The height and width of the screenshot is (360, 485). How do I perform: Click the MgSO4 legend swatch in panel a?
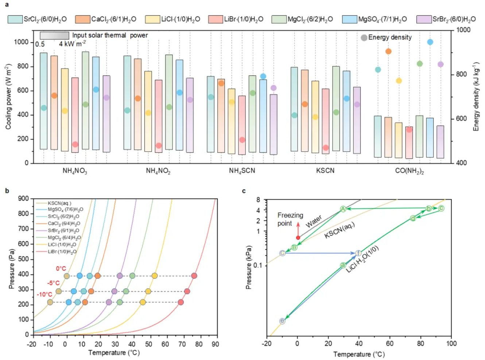pyautogui.click(x=349, y=19)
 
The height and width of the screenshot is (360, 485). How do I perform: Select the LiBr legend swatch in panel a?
pyautogui.click(x=216, y=19)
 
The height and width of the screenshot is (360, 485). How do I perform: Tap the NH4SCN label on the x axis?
pyautogui.click(x=242, y=171)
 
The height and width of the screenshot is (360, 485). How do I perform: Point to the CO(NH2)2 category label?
pyautogui.click(x=409, y=171)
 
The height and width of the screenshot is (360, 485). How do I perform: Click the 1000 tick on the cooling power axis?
pyautogui.click(x=21, y=42)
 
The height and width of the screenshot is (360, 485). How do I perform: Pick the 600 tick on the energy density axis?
pyautogui.click(x=461, y=119)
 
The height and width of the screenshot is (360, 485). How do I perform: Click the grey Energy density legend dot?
pyautogui.click(x=364, y=38)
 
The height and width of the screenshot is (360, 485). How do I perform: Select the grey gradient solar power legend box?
pyautogui.click(x=54, y=35)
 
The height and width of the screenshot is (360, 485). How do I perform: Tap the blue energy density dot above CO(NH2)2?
pyautogui.click(x=430, y=42)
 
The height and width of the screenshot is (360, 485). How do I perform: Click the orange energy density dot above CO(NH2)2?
pyautogui.click(x=388, y=51)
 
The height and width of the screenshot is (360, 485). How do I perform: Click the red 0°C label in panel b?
pyautogui.click(x=61, y=269)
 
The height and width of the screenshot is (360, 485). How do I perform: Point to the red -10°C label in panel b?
pyautogui.click(x=44, y=294)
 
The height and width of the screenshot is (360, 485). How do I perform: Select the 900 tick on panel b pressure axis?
pyautogui.click(x=23, y=199)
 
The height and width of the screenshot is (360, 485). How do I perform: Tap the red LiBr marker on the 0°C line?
pyautogui.click(x=194, y=276)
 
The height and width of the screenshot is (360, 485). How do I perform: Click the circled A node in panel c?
pyautogui.click(x=343, y=209)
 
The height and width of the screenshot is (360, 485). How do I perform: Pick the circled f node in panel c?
pyautogui.click(x=358, y=253)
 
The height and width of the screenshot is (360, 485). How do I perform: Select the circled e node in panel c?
pyautogui.click(x=282, y=321)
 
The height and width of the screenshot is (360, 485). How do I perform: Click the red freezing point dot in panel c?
pyautogui.click(x=298, y=238)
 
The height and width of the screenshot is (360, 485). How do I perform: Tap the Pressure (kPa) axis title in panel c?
pyautogui.click(x=249, y=268)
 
